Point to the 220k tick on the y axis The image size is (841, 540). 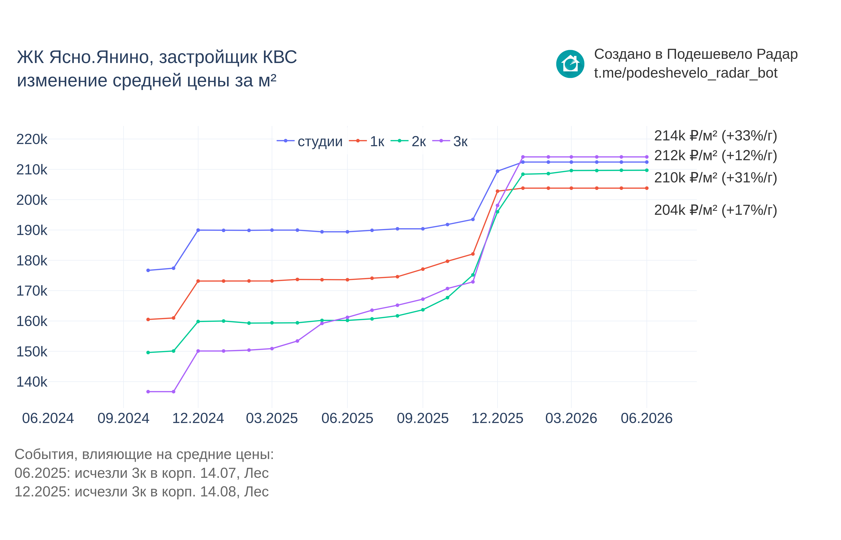pos(32,139)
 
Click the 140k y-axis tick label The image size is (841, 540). pos(32,382)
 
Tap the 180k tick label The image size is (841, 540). pos(32,261)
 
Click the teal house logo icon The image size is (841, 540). pos(570,64)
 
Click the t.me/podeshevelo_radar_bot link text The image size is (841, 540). pos(685,73)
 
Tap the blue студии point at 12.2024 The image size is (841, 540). pos(198,230)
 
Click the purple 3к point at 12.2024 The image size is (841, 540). pos(198,351)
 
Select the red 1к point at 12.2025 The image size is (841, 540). pos(497,191)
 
